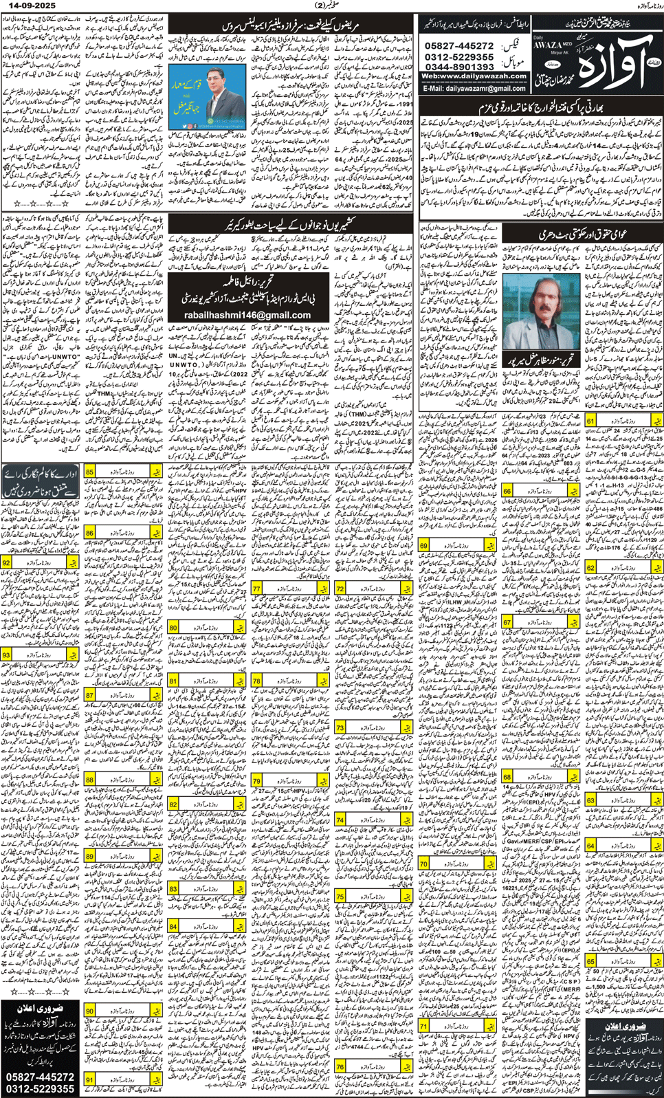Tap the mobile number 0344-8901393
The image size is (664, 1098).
459,67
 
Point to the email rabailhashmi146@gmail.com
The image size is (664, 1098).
247,315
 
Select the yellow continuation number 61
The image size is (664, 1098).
590,421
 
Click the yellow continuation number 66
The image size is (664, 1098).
507,491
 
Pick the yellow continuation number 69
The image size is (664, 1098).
424,546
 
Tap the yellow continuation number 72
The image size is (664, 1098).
340,589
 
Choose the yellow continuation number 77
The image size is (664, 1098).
256,589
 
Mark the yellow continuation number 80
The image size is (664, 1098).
173,628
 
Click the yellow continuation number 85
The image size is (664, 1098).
90,472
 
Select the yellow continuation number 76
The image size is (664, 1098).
340,1066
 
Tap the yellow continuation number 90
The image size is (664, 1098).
90,1011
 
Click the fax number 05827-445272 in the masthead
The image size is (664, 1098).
459,46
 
